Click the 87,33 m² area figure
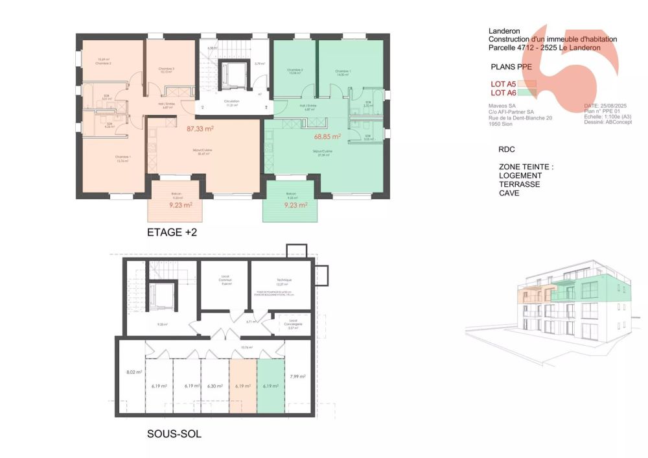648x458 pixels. pyautogui.click(x=200, y=129)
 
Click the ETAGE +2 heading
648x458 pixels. pyautogui.click(x=172, y=232)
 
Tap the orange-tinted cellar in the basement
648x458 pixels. pyautogui.click(x=243, y=386)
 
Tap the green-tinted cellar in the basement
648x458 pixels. pyautogui.click(x=271, y=386)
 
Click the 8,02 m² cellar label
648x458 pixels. pyautogui.click(x=134, y=373)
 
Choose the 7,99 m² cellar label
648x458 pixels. pyautogui.click(x=297, y=376)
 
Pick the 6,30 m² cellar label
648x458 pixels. pyautogui.click(x=214, y=386)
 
